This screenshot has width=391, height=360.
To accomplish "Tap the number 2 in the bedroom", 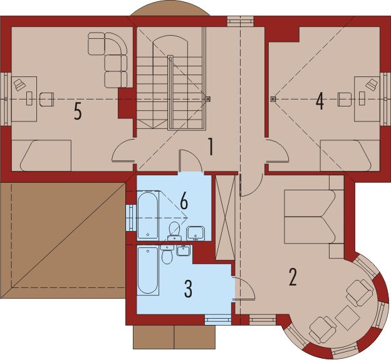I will point(292,276).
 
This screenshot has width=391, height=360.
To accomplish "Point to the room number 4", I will point(320,101).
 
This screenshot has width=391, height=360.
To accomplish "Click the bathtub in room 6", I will point(148,216).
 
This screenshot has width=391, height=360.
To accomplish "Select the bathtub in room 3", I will point(148,270).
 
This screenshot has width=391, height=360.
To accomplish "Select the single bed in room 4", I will point(348,155).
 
